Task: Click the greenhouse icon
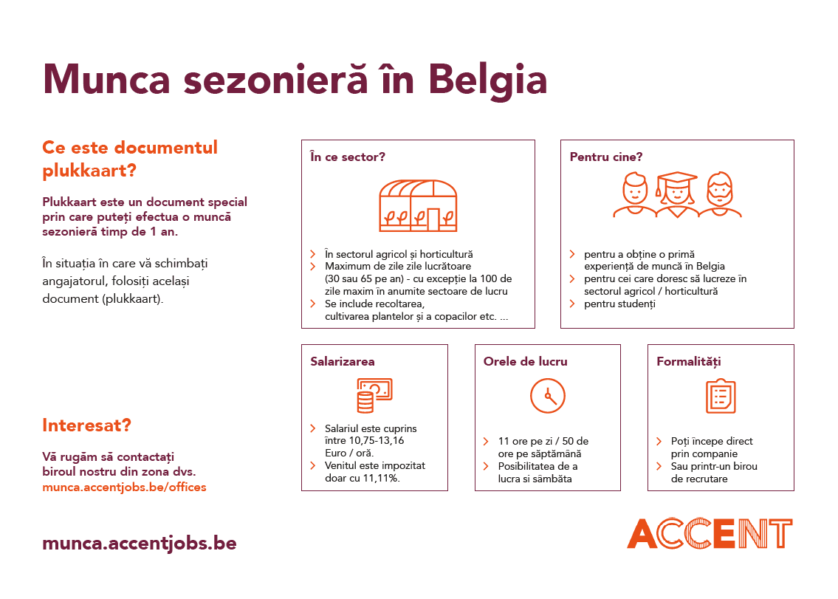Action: pyautogui.click(x=418, y=205)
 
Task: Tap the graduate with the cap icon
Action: pyautogui.click(x=677, y=195)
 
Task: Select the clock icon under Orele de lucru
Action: pyautogui.click(x=548, y=395)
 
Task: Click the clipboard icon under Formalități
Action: pyautogui.click(x=721, y=396)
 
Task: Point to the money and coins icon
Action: pyautogui.click(x=374, y=395)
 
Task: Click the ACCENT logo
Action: pyautogui.click(x=710, y=533)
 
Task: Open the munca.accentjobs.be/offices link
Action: pyautogui.click(x=124, y=487)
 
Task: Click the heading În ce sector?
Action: pyautogui.click(x=348, y=157)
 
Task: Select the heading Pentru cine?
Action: pyautogui.click(x=605, y=157)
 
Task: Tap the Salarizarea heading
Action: pyautogui.click(x=342, y=361)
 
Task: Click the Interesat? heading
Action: pyautogui.click(x=86, y=425)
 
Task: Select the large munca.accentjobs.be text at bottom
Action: pyautogui.click(x=140, y=543)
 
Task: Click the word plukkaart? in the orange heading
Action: pyautogui.click(x=89, y=171)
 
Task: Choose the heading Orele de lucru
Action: pyautogui.click(x=525, y=361)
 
